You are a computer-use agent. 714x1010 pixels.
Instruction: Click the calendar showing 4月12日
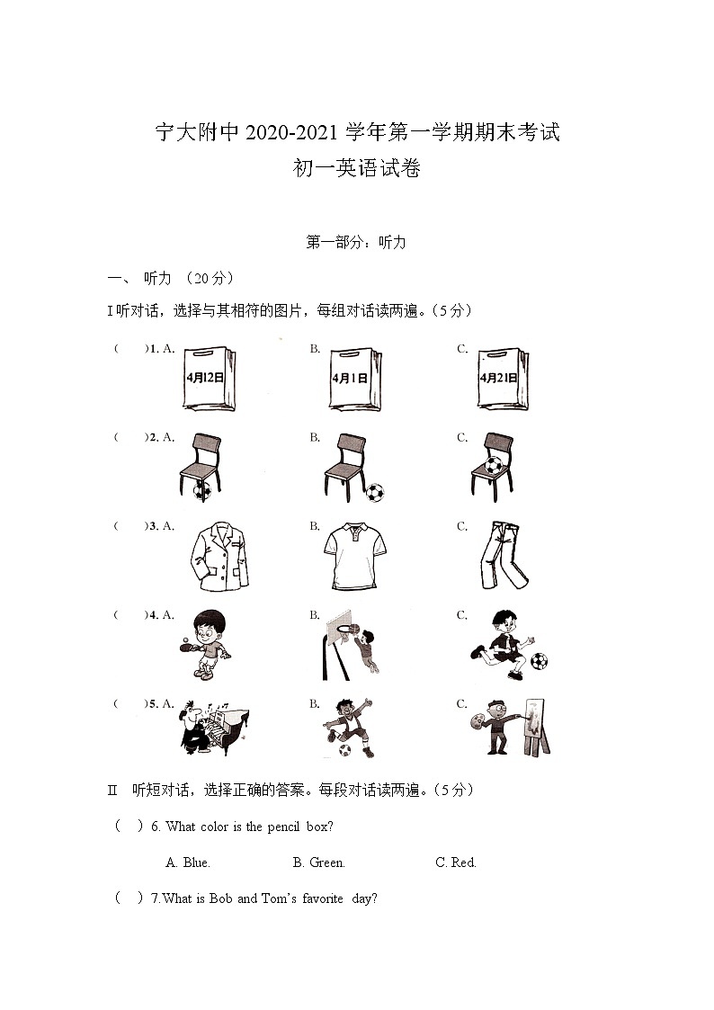pos(210,379)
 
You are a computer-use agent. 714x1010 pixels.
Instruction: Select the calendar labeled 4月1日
pos(354,379)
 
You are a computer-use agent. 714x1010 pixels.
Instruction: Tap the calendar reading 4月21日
pos(503,379)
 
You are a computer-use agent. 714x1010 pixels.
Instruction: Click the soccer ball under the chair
pos(201,491)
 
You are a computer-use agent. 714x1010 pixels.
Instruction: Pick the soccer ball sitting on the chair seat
pos(493,464)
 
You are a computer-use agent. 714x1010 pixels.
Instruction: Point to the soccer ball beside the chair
pos(374,494)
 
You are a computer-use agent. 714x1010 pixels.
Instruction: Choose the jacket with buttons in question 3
pos(219,558)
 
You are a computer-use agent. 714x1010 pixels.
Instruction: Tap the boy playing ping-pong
pos(205,644)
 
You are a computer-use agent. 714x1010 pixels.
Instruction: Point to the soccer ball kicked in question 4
pos(539,661)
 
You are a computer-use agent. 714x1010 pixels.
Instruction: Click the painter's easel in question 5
pos(536,727)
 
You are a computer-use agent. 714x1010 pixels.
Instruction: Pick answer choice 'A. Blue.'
pos(188,863)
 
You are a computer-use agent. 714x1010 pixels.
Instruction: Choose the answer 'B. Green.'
pos(318,863)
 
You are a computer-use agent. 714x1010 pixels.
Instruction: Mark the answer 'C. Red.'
pos(456,863)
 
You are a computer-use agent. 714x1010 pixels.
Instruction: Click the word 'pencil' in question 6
pos(283,827)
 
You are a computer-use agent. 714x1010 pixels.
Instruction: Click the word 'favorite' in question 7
pos(323,898)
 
